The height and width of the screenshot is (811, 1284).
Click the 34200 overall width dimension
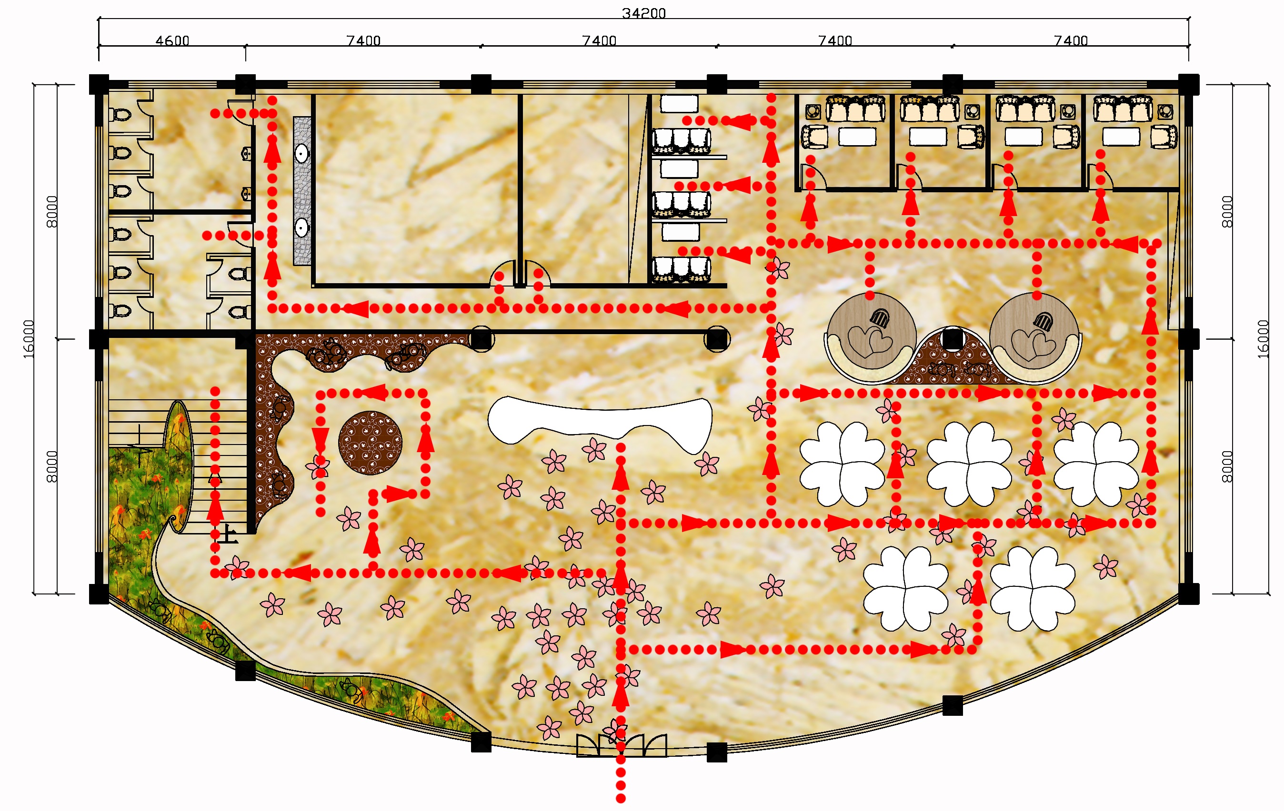pyautogui.click(x=643, y=13)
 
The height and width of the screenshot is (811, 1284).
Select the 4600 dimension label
pyautogui.click(x=172, y=40)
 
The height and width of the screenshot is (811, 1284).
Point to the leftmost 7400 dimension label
pyautogui.click(x=363, y=40)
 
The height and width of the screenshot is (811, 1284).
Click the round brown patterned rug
pyautogui.click(x=370, y=442)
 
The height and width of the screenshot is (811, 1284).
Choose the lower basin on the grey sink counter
pyautogui.click(x=302, y=228)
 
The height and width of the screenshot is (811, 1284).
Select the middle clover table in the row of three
pyautogui.click(x=969, y=464)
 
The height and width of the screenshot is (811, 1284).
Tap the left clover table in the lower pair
pyautogui.click(x=905, y=589)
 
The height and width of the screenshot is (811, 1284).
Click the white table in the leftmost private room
pyautogui.click(x=857, y=137)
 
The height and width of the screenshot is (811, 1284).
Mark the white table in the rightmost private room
pyautogui.click(x=1121, y=137)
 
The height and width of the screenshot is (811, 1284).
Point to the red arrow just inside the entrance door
pyautogui.click(x=621, y=695)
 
